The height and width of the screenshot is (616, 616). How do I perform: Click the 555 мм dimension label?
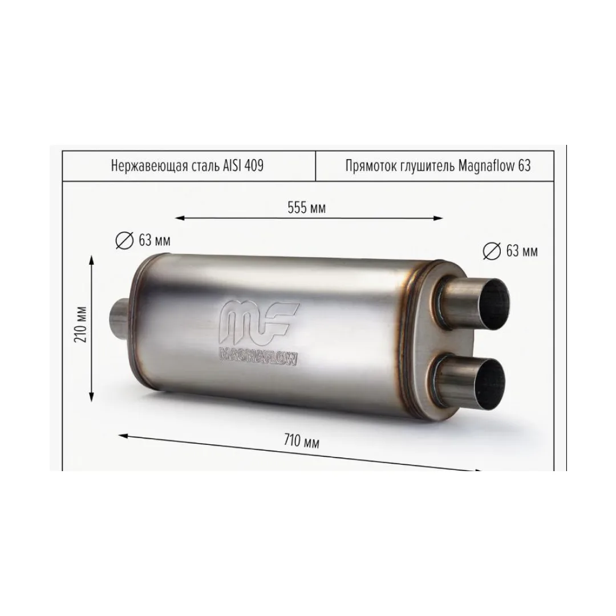tap(306, 208)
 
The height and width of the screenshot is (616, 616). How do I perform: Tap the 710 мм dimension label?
tap(301, 441)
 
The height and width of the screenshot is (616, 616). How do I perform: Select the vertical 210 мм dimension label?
tap(81, 325)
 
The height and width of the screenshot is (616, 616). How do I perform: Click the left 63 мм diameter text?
tap(155, 240)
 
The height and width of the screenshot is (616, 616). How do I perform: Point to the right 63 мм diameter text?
tap(522, 250)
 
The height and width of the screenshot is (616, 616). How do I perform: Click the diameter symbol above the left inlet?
tap(124, 241)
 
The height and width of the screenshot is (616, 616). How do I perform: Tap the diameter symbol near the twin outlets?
tap(492, 251)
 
